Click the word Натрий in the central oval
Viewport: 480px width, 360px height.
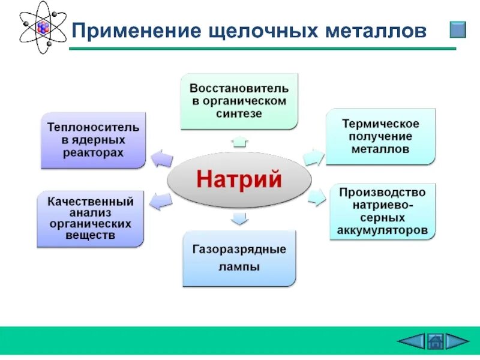[x=239, y=179]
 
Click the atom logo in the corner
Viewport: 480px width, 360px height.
[x=43, y=28]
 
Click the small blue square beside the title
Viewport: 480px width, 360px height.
[x=458, y=30]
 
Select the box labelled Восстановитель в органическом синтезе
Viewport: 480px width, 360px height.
[x=239, y=101]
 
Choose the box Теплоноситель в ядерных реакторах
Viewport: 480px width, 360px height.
[x=93, y=140]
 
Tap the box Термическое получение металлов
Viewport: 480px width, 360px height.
[x=380, y=136]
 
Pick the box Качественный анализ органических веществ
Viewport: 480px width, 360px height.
[x=91, y=219]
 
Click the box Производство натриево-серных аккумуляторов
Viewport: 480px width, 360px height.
[x=383, y=212]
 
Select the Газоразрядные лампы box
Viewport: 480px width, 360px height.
[x=239, y=258]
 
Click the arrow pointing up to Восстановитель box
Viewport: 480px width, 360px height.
[x=239, y=142]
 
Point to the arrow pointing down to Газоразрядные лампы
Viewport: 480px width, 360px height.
[x=239, y=218]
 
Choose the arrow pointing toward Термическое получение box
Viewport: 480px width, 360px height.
[x=313, y=157]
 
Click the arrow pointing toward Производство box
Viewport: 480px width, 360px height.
[x=316, y=196]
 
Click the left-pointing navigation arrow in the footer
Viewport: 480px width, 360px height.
[x=411, y=342]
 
